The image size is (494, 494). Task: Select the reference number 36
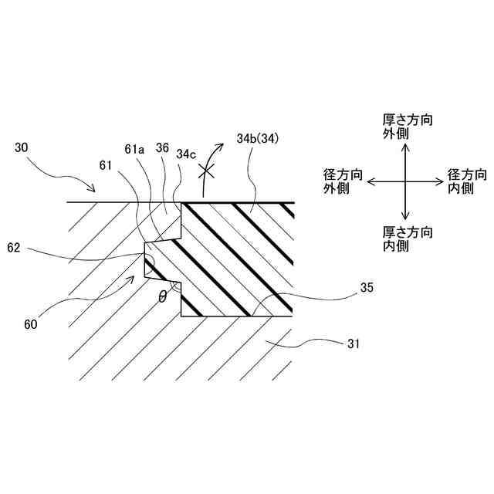point(162,147)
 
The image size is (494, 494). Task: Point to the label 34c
point(187,153)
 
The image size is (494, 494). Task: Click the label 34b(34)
point(256,139)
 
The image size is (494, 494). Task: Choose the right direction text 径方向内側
point(468,181)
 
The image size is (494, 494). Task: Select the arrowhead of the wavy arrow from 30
point(95,190)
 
